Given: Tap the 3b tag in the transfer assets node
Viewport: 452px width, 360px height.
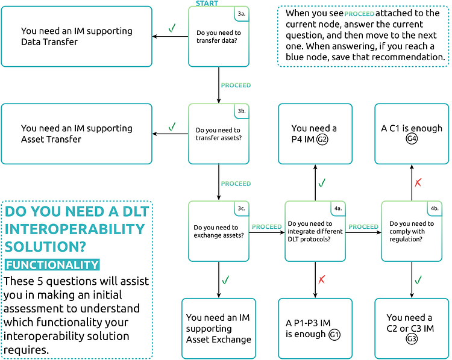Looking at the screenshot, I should (241, 111).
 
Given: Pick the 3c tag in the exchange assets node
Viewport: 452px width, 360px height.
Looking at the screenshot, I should (241, 209).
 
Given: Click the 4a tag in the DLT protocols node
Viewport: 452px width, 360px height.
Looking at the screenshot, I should (337, 209).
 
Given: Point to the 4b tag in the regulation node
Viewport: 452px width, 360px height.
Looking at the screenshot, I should (434, 209).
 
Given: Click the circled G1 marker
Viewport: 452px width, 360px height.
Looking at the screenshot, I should (334, 334).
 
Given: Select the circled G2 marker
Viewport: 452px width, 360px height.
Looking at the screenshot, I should (322, 140).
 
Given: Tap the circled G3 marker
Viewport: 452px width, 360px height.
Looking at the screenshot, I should (412, 340).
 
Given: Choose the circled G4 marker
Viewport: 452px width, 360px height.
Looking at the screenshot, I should (412, 140).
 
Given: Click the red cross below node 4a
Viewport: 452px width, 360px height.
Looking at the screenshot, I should (322, 279).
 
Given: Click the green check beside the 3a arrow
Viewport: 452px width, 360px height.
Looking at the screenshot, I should (172, 28).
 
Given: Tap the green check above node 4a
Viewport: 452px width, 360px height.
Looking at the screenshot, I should (322, 182).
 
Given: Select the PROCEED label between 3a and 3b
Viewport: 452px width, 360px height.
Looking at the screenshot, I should (236, 85).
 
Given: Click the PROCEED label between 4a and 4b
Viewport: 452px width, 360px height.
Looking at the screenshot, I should (363, 227).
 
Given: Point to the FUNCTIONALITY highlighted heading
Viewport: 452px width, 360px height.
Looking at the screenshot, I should (52, 264).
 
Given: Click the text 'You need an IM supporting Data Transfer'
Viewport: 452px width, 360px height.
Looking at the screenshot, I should (77, 37).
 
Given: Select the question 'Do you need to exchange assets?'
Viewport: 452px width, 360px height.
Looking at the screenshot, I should (219, 231).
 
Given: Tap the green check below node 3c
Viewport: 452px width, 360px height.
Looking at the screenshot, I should (225, 279).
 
